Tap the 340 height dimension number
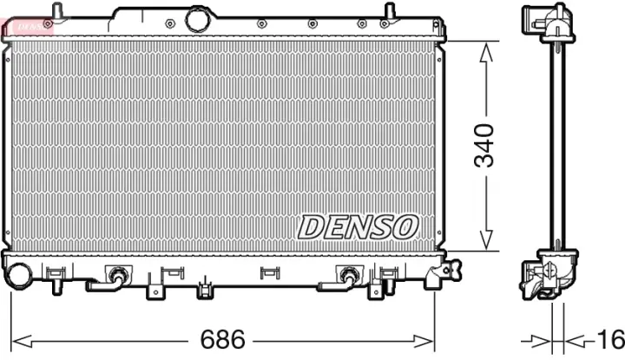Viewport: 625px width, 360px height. click(485, 146)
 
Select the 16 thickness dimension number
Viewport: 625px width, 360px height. click(610, 337)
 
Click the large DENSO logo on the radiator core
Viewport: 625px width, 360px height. click(358, 226)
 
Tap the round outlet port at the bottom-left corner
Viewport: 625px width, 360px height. click(18, 275)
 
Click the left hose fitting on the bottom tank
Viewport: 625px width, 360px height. click(115, 277)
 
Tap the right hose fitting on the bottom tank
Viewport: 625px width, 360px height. click(348, 277)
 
